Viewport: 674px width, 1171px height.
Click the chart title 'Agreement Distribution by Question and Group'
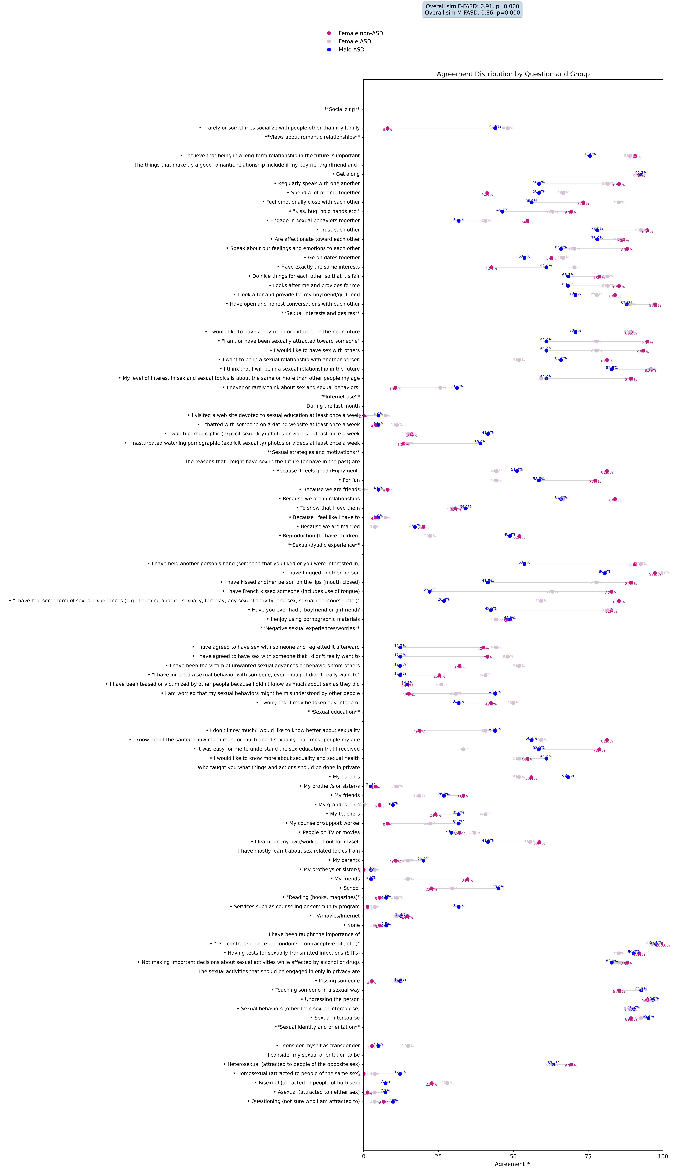click(513, 74)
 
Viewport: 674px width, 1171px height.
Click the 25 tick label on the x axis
click(438, 1156)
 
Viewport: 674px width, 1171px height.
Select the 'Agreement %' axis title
click(513, 1164)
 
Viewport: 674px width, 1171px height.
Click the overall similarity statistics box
click(472, 10)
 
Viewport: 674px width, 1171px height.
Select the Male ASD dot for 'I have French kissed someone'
click(430, 592)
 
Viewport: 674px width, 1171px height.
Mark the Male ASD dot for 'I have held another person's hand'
click(524, 564)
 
